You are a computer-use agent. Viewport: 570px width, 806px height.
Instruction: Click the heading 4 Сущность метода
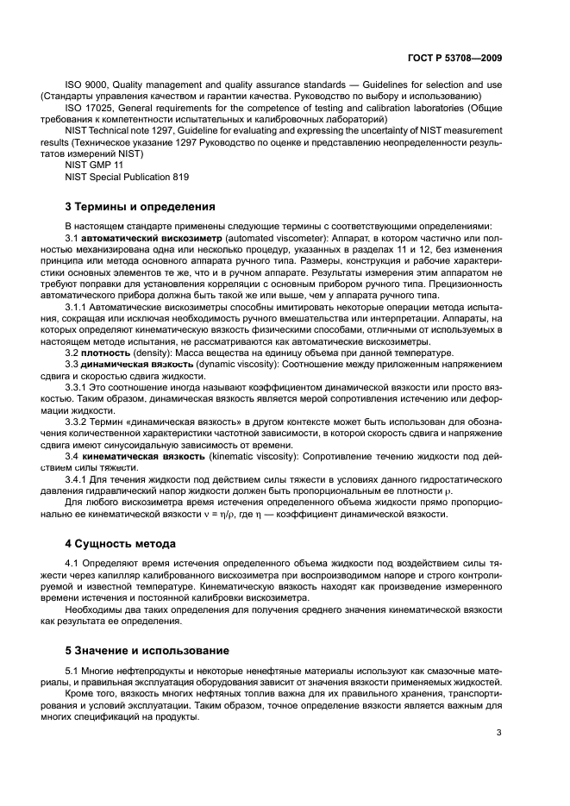point(121,544)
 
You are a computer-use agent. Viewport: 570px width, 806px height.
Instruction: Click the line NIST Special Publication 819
point(126,176)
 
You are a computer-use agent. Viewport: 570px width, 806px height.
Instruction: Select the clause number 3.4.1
point(80,478)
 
